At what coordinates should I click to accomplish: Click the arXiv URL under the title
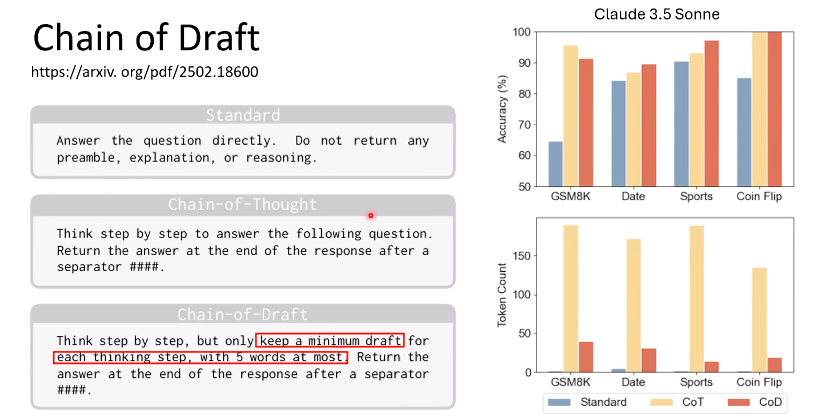click(145, 72)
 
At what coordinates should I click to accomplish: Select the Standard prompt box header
click(243, 115)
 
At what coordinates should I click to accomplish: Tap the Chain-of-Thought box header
click(243, 204)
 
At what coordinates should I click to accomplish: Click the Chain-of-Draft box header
click(243, 314)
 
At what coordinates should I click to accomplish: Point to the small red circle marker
click(371, 216)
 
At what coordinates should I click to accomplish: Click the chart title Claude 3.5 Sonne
click(657, 14)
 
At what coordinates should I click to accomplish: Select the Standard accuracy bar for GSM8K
click(556, 164)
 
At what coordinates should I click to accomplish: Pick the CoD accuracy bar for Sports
click(712, 113)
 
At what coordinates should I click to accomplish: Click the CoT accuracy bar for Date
click(634, 129)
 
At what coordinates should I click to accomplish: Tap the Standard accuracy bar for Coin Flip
click(744, 132)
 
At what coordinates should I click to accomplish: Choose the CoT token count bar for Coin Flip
click(759, 320)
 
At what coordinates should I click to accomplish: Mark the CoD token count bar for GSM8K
click(586, 357)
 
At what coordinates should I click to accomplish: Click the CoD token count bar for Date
click(648, 360)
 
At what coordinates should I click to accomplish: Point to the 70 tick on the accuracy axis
click(524, 125)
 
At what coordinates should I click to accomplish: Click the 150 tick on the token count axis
click(522, 256)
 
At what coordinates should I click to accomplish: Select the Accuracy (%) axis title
click(502, 109)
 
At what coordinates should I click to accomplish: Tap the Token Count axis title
click(502, 295)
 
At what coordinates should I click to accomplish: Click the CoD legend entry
click(755, 402)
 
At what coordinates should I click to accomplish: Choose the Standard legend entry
click(587, 402)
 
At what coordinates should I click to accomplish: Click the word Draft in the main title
click(219, 37)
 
